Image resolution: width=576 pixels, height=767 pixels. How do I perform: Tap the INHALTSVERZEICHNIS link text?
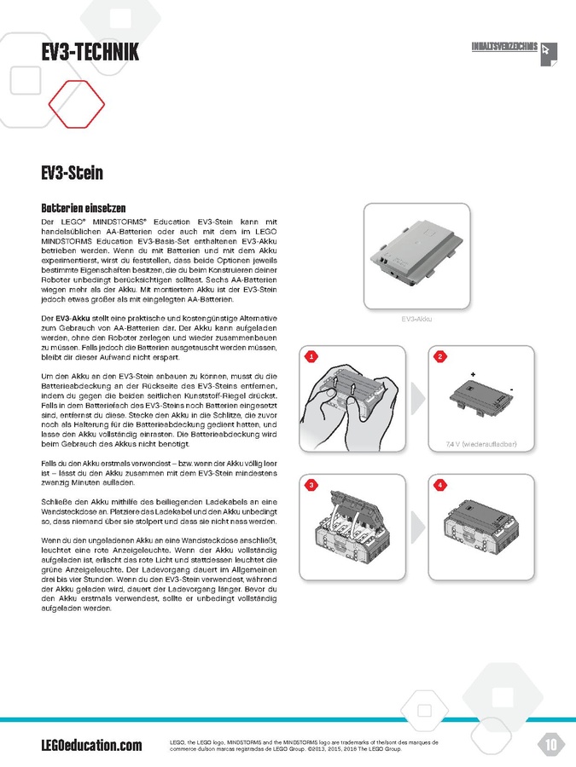point(504,47)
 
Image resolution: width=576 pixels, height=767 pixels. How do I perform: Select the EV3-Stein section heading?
point(72,174)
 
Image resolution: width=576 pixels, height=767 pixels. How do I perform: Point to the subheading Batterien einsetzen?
point(84,208)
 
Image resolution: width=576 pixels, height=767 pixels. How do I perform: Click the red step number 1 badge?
point(311,356)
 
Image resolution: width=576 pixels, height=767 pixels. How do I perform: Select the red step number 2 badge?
point(440,356)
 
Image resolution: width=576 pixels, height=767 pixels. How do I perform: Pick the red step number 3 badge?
point(311,485)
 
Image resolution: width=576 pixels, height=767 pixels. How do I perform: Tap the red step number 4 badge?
point(440,485)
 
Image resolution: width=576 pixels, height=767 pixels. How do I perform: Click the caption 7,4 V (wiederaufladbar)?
point(478,445)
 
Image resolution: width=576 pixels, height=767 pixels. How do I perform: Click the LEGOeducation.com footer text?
point(91,746)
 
